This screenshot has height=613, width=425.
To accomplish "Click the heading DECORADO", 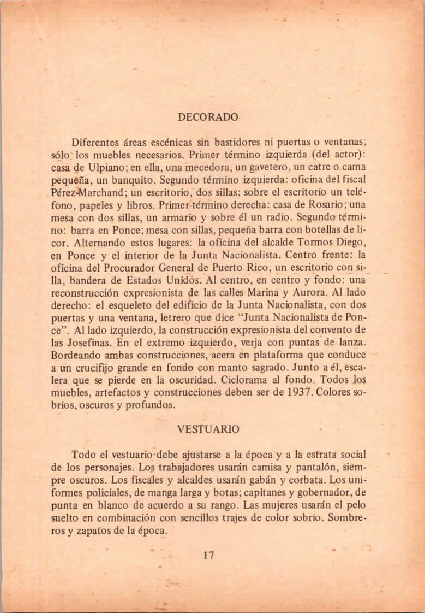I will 208,117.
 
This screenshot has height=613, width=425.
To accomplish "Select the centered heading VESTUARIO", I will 208,429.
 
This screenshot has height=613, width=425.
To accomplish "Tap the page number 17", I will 208,556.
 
